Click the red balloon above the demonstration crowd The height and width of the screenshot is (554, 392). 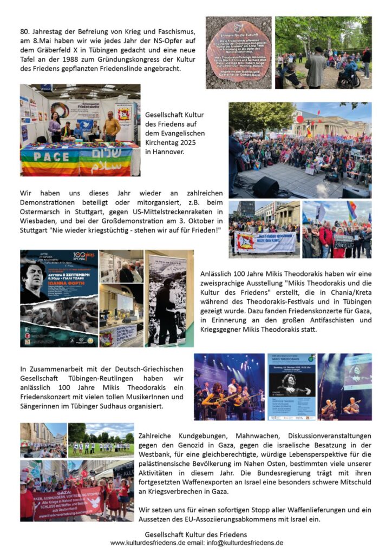(300, 119)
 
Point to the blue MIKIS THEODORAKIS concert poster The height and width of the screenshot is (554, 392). (291, 387)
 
